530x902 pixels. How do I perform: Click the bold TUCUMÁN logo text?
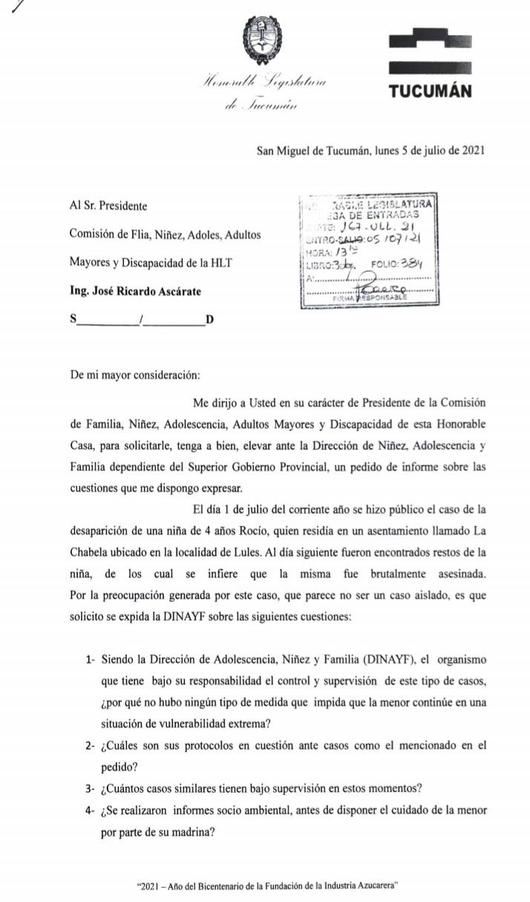click(431, 91)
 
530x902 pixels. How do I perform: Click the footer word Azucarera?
click(378, 885)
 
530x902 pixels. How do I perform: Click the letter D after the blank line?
click(209, 320)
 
